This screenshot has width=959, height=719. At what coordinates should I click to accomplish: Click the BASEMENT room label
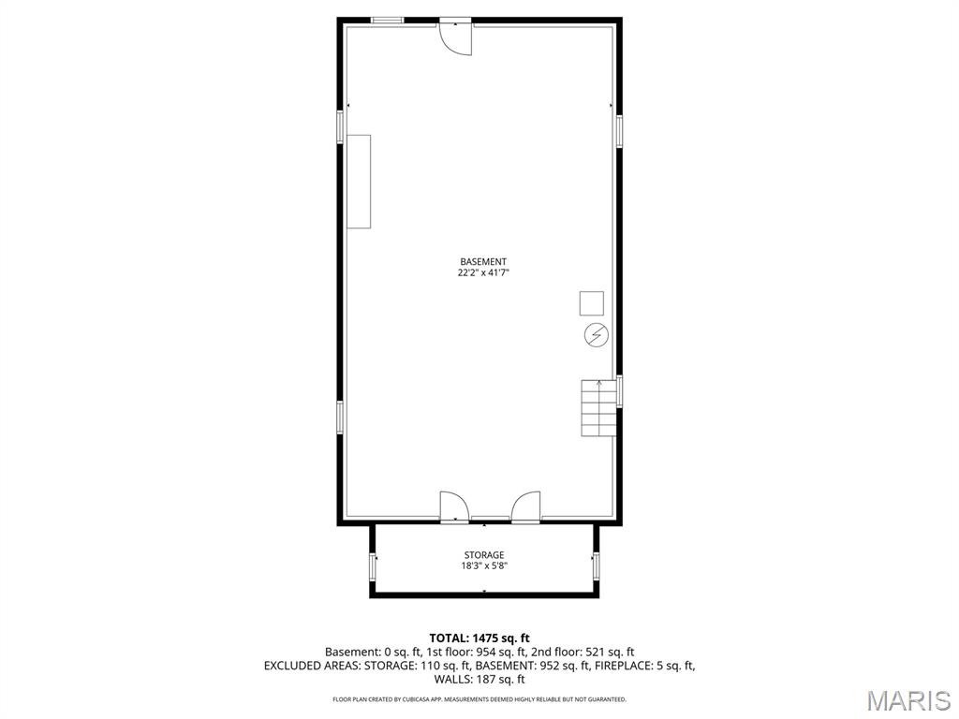pyautogui.click(x=483, y=261)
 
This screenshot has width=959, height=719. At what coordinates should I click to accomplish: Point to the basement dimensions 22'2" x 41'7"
pyautogui.click(x=483, y=272)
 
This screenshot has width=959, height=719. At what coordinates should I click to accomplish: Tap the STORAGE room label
pyautogui.click(x=483, y=555)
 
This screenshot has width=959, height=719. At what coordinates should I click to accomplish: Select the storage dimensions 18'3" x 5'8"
pyautogui.click(x=483, y=565)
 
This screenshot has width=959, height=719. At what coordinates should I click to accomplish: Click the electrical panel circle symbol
pyautogui.click(x=596, y=334)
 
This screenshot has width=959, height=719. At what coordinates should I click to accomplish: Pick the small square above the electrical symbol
pyautogui.click(x=592, y=303)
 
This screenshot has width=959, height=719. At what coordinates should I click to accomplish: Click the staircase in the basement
pyautogui.click(x=599, y=408)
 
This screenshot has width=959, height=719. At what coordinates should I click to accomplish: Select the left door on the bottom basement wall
pyautogui.click(x=453, y=506)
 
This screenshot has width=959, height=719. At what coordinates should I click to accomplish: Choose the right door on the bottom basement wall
pyautogui.click(x=525, y=506)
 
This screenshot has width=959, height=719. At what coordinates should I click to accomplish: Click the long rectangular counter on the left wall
pyautogui.click(x=359, y=182)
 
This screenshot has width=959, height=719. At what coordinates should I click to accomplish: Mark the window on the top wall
pyautogui.click(x=387, y=20)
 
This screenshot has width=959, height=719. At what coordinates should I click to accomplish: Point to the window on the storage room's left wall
pyautogui.click(x=374, y=567)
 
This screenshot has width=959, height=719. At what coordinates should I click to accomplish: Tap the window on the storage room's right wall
pyautogui.click(x=595, y=565)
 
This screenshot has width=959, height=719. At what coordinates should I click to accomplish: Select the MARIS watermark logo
pyautogui.click(x=907, y=699)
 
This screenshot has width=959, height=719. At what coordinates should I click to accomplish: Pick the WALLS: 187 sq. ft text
pyautogui.click(x=479, y=680)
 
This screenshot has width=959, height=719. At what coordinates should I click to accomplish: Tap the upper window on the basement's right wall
pyautogui.click(x=619, y=130)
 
